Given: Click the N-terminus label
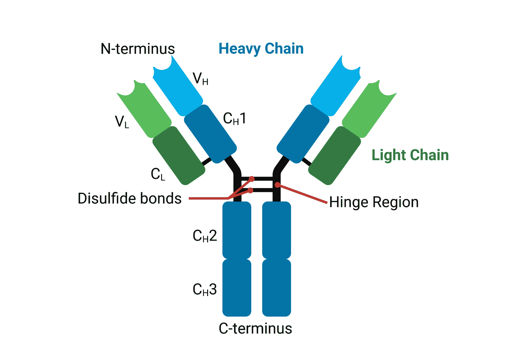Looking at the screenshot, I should click(138, 49).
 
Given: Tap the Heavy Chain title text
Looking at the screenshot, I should click(261, 49).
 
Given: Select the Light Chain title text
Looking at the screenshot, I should click(410, 155).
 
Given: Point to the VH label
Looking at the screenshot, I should click(201, 79).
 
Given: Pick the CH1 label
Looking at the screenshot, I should click(234, 119).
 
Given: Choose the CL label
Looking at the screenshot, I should click(158, 174).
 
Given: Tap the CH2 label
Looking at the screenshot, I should click(205, 236).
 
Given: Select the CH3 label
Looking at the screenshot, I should click(205, 289).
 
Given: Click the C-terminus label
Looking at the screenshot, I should click(255, 328).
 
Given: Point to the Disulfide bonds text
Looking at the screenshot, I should click(130, 199).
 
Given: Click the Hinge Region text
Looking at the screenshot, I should click(374, 202).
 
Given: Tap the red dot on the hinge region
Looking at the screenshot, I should click(277, 185).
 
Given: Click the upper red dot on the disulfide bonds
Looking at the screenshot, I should click(252, 179).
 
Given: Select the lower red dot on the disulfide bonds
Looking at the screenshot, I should click(251, 191).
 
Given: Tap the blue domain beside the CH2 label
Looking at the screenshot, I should click(237, 230).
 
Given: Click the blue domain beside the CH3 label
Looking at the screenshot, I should click(237, 288).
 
